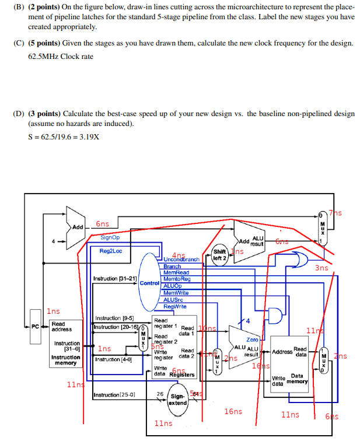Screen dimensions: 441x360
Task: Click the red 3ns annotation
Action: coord(321,268)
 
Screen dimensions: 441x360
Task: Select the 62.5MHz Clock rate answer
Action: coord(60,57)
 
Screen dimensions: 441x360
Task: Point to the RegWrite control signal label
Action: coord(175,306)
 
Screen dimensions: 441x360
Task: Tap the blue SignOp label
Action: coord(110,237)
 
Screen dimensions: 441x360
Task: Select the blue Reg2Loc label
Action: coord(110,251)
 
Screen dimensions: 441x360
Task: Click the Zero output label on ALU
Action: coord(252,339)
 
